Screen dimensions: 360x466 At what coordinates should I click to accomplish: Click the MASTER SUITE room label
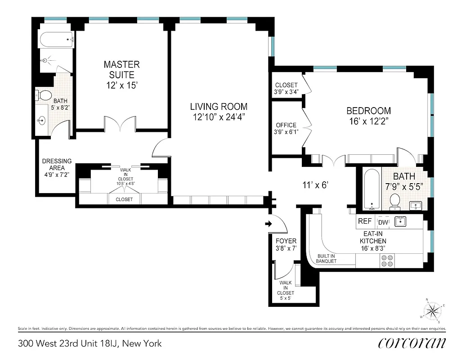click(121, 70)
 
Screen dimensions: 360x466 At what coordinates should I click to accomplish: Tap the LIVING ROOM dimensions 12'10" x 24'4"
click(219, 118)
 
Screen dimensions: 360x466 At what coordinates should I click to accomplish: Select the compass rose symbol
click(433, 310)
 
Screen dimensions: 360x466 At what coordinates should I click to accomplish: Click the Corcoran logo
click(412, 343)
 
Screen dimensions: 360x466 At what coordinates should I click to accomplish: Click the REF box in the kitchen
click(364, 221)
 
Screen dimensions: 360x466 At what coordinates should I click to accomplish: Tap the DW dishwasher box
click(383, 221)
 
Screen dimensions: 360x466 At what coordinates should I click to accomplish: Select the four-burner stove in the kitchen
click(386, 260)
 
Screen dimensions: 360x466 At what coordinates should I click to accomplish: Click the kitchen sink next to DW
click(400, 221)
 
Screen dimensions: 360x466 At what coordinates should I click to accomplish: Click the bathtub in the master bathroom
click(57, 40)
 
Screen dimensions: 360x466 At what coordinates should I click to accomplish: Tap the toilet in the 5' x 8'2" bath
click(44, 95)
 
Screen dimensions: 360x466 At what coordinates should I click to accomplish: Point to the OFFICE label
click(286, 125)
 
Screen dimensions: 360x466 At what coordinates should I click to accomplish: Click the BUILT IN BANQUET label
click(326, 259)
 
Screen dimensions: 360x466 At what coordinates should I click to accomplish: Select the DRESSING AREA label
click(57, 164)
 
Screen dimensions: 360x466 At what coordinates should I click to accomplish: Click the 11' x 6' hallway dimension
click(317, 184)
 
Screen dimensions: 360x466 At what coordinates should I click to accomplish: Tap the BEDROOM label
click(368, 111)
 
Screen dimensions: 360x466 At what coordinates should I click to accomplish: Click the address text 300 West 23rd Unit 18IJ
click(89, 344)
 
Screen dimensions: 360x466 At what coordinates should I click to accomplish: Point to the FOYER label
click(286, 241)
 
